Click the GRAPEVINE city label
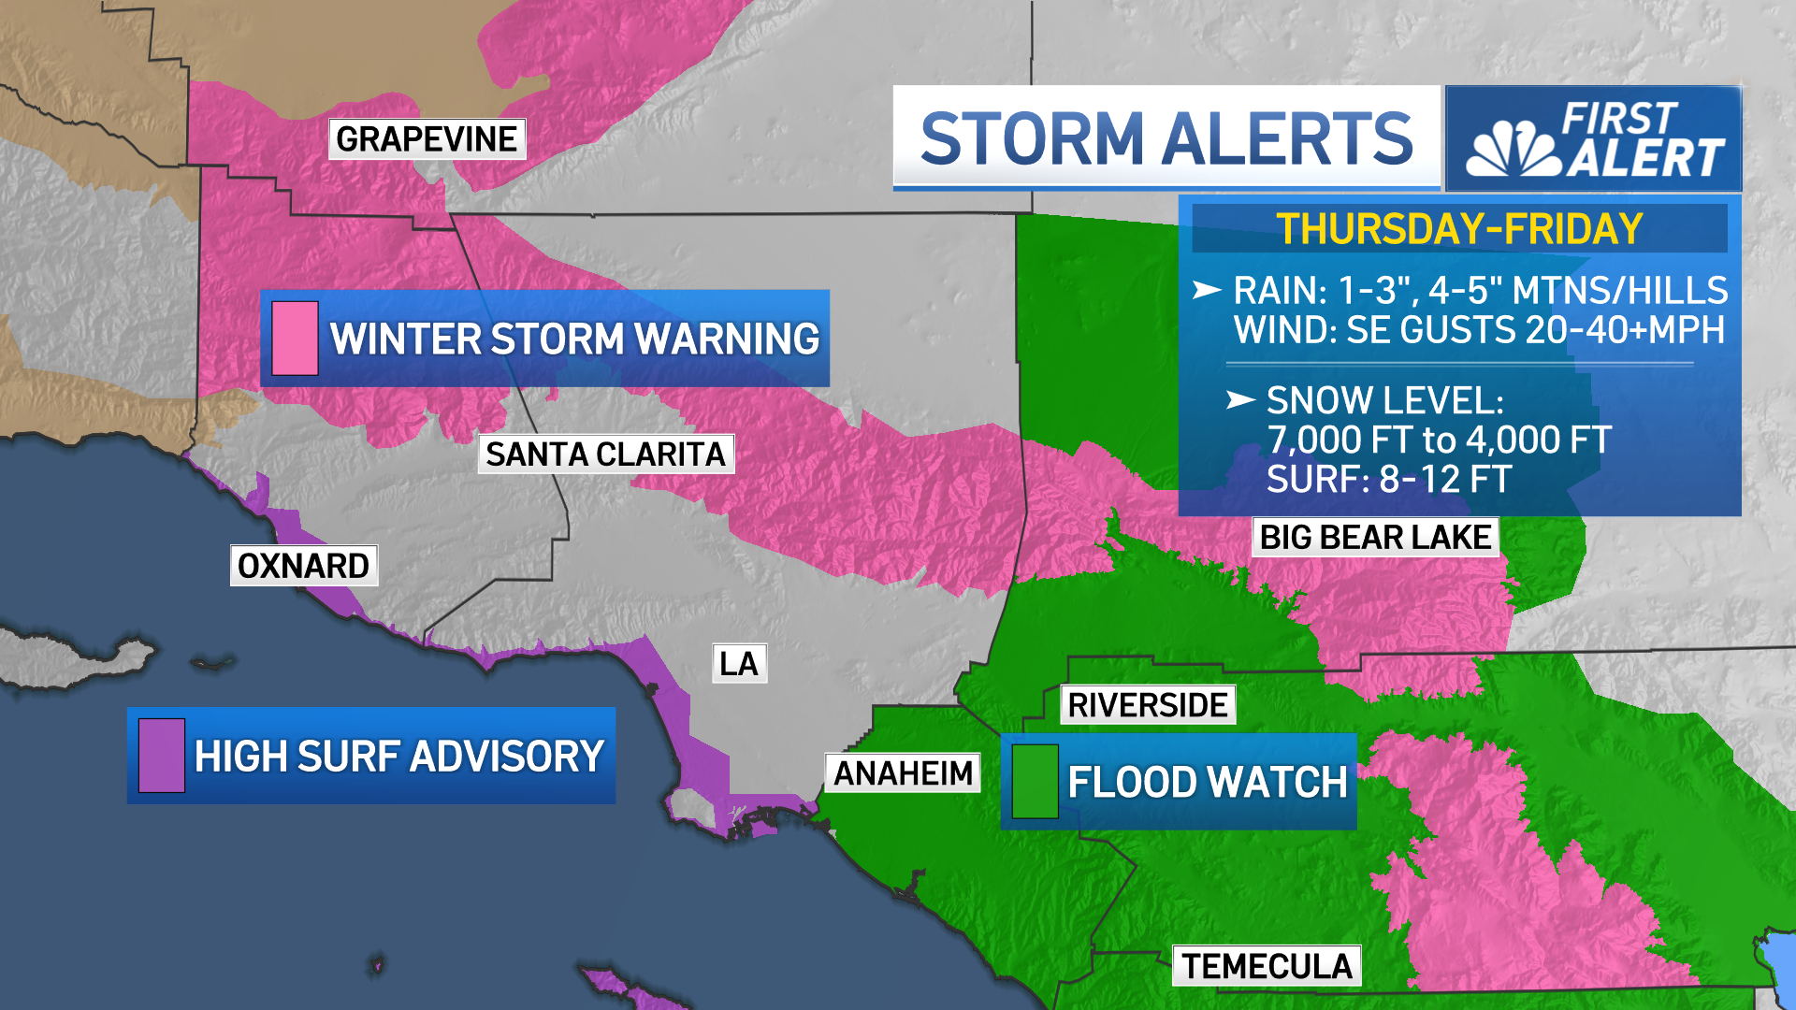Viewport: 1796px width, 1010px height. tap(427, 139)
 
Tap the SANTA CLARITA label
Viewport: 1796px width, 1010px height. tap(605, 454)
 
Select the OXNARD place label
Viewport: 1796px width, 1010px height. tap(303, 566)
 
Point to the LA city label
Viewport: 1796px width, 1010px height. tap(739, 664)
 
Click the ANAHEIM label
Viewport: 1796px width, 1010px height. tap(903, 773)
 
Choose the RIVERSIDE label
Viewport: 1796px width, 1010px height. tap(1147, 705)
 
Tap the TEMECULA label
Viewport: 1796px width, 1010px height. tap(1267, 966)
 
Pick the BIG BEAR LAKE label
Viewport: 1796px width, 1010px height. tap(1375, 538)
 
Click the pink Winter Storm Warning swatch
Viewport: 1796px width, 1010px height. tap(295, 339)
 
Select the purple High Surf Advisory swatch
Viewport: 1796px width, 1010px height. tap(161, 756)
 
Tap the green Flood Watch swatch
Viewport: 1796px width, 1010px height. tap(1035, 782)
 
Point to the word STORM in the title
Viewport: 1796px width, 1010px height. tap(1032, 139)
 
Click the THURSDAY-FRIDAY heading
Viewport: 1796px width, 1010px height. tap(1459, 229)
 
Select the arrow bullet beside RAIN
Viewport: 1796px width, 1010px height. tap(1207, 291)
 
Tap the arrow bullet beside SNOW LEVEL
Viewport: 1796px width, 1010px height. tap(1240, 400)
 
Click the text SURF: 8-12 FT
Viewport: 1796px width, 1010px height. tap(1388, 480)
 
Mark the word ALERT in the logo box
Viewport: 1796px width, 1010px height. tap(1646, 156)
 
